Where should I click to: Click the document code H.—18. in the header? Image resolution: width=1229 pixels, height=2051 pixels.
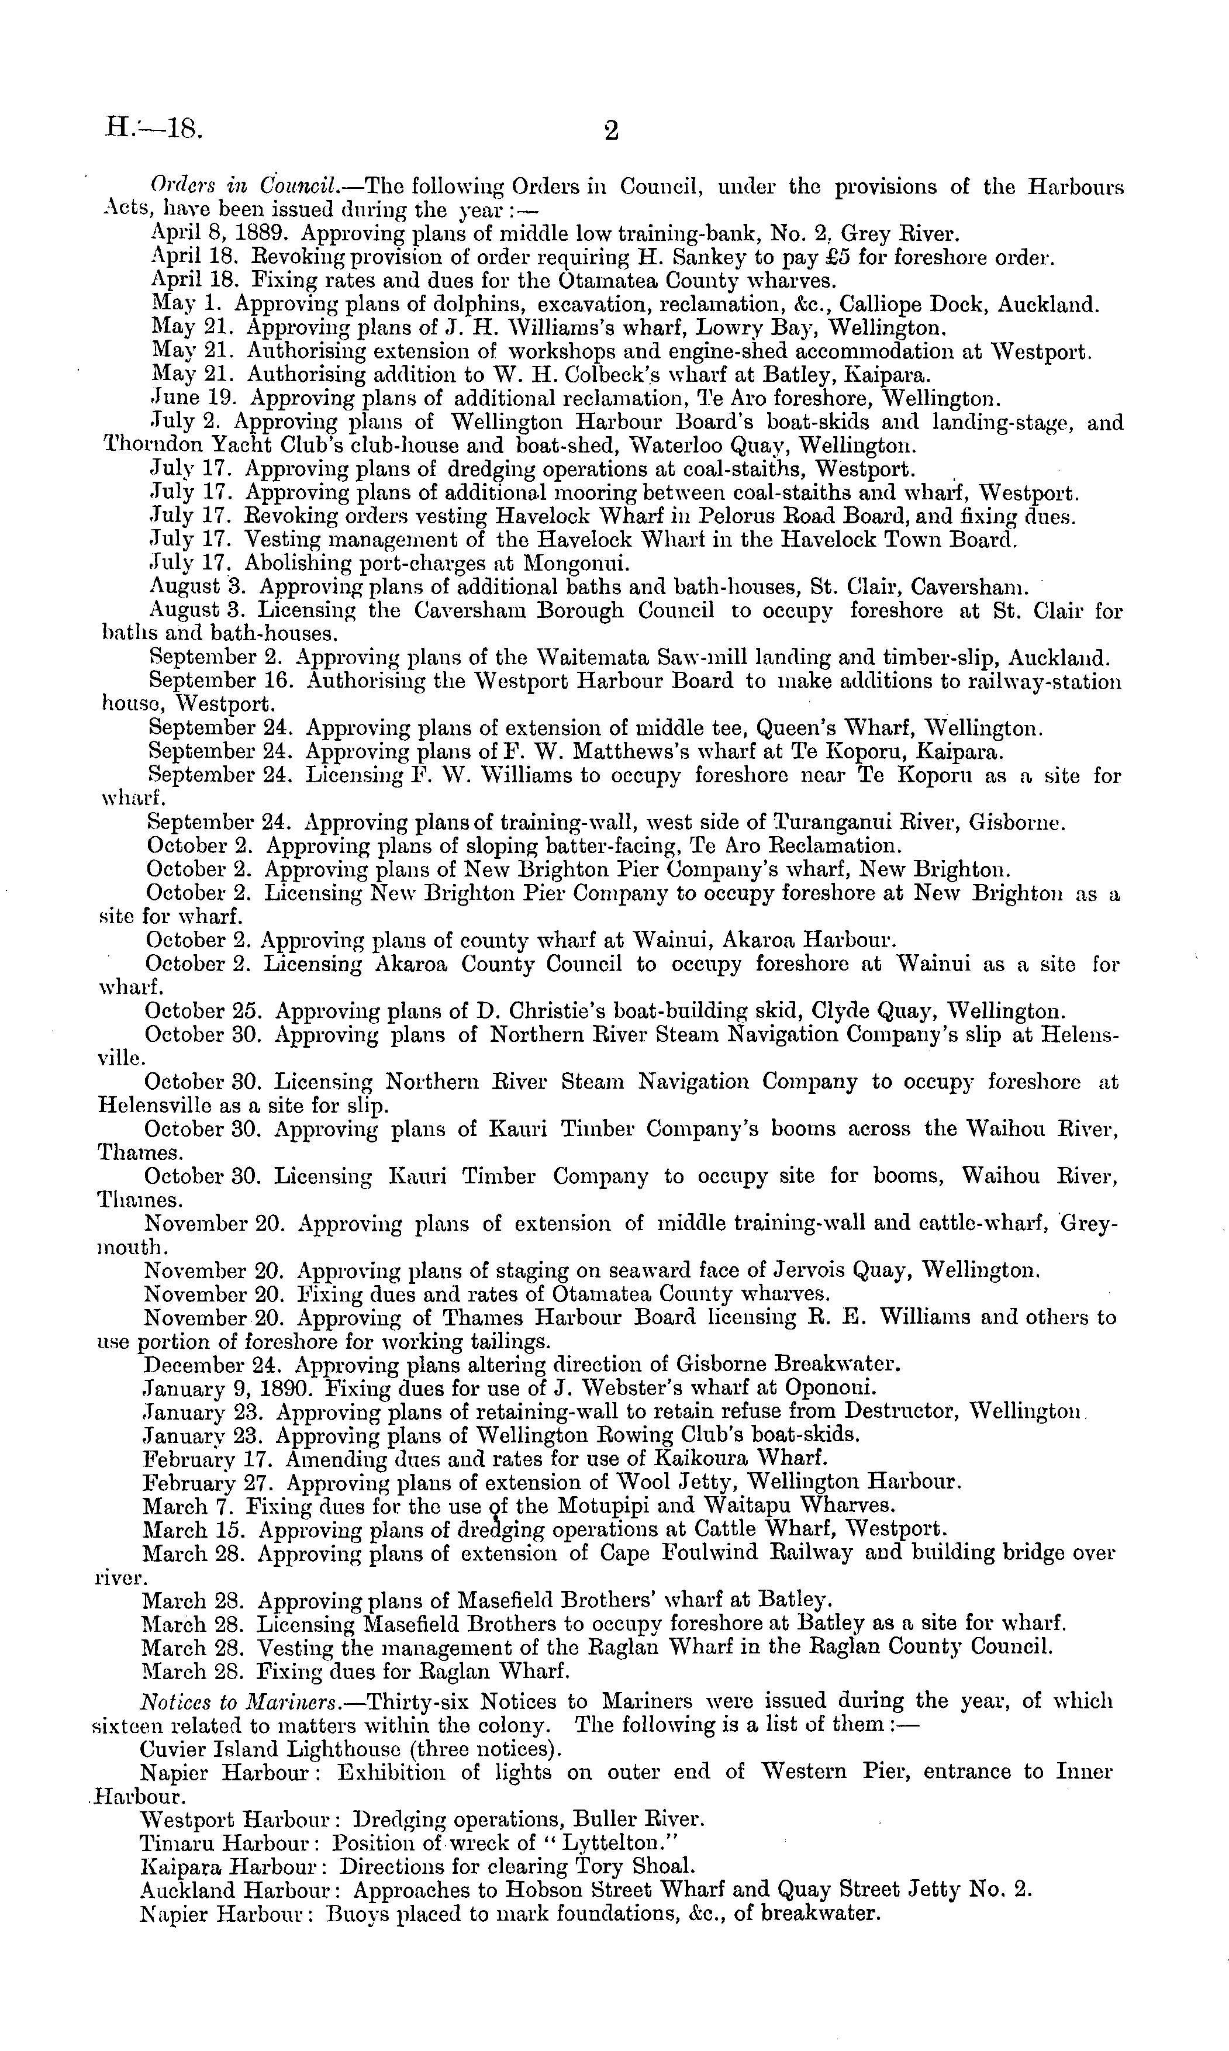[x=155, y=129]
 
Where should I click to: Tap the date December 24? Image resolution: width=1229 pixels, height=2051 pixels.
[x=213, y=1365]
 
